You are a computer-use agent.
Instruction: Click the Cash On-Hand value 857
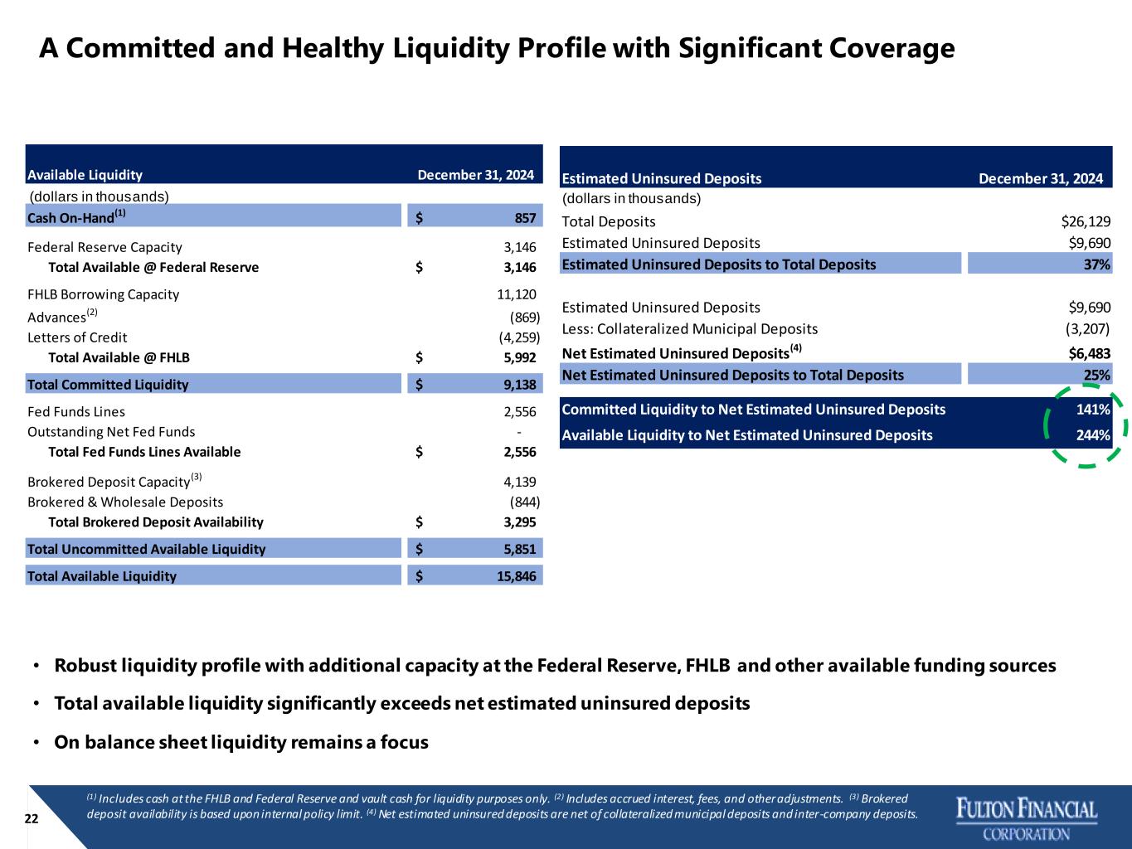(525, 218)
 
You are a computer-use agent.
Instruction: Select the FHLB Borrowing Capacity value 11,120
(516, 294)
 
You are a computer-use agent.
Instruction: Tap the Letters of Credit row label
(77, 337)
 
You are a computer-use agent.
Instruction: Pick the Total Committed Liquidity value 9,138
(520, 385)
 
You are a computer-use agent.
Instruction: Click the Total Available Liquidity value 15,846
(516, 576)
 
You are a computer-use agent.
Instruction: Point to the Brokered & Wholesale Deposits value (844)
(525, 502)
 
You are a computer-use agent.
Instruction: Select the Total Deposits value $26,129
(1086, 221)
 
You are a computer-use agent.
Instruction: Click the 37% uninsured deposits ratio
(1097, 264)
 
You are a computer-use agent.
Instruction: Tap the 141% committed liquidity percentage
(1093, 410)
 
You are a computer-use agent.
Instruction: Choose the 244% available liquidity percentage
(1093, 435)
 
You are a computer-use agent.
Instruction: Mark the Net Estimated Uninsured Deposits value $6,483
(1089, 354)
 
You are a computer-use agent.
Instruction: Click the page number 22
(32, 818)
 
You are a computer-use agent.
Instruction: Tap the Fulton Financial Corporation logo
(1027, 818)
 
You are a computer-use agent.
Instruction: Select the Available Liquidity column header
(85, 175)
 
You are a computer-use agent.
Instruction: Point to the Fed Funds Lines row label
(75, 412)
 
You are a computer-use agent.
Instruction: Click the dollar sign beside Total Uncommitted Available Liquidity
(420, 549)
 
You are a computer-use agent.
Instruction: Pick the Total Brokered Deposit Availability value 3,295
(520, 522)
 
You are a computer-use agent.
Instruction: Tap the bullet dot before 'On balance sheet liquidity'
(36, 742)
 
